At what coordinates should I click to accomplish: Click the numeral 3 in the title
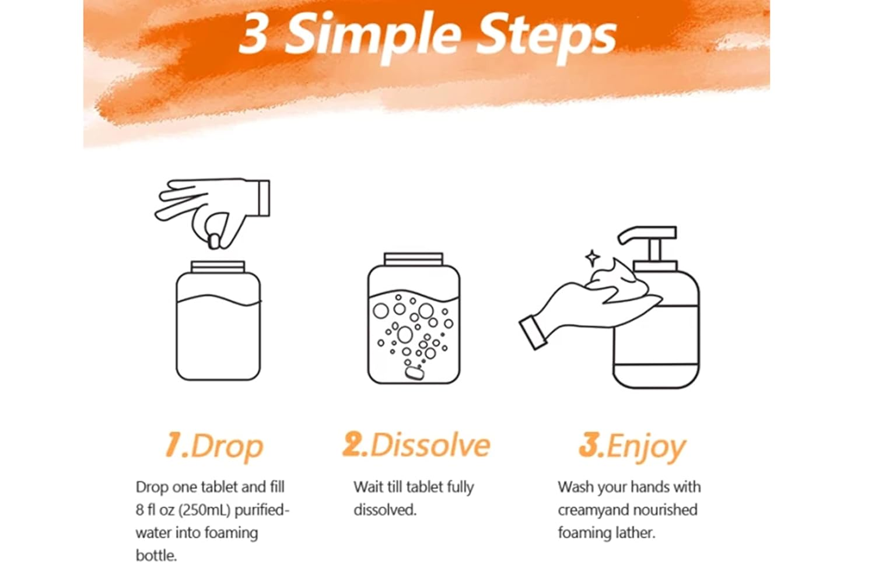click(x=254, y=34)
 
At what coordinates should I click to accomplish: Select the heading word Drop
click(x=228, y=447)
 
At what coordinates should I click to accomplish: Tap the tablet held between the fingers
click(x=214, y=241)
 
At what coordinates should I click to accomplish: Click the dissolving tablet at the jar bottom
click(x=414, y=372)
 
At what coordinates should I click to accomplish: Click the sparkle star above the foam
click(x=592, y=258)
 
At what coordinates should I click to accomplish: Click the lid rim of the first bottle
click(x=218, y=267)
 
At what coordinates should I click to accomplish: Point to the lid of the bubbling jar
click(x=413, y=259)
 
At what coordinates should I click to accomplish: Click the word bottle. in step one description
click(x=156, y=555)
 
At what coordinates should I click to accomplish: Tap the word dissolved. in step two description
click(x=385, y=510)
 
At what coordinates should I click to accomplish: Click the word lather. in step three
click(x=636, y=533)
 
